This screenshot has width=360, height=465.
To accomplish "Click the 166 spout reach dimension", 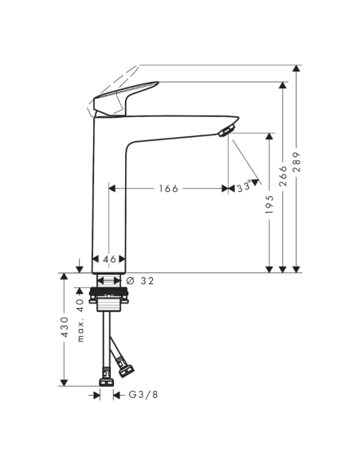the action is (168, 189).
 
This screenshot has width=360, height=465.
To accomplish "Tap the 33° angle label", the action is (244, 187).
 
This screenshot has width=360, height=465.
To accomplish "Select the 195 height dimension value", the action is (269, 205).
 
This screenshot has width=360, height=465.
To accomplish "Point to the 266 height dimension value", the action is (284, 176).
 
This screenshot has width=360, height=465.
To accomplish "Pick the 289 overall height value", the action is (296, 162).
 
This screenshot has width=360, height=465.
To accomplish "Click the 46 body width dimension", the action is (109, 260).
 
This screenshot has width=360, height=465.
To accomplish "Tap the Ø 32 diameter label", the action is (140, 280).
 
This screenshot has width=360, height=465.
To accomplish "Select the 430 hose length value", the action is (65, 327).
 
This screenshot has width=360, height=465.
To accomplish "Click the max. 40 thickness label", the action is (80, 320).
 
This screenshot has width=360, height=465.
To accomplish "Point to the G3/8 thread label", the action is (143, 395).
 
